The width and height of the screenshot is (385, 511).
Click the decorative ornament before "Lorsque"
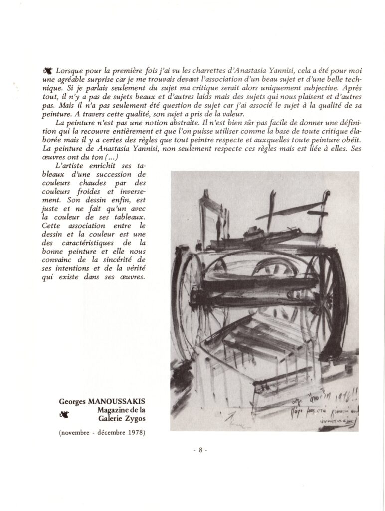(x=49, y=71)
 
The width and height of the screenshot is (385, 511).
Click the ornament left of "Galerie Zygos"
(x=64, y=414)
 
